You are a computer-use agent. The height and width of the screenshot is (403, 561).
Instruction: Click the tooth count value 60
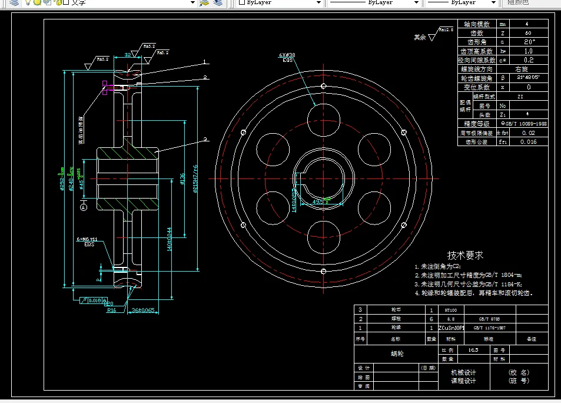coord(527,33)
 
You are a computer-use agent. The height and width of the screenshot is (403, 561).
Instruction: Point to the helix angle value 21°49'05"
coord(528,78)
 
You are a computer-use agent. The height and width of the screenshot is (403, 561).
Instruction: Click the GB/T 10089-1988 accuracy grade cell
coord(523,124)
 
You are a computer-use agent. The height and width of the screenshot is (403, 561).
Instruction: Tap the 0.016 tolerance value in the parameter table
coord(528,142)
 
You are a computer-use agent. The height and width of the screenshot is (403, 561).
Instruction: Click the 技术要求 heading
coord(465,255)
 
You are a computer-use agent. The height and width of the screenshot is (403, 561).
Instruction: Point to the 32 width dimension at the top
coord(127,55)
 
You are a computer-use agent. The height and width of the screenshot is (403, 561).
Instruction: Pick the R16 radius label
coord(111,310)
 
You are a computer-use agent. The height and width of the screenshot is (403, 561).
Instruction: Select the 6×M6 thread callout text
coord(86,239)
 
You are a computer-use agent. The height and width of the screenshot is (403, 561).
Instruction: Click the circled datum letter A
coord(83,207)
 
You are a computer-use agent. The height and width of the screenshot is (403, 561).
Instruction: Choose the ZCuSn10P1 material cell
coord(452,327)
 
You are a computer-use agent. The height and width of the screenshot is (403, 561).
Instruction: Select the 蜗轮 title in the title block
coord(397,354)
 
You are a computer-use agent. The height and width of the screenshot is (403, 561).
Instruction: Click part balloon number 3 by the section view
coord(205,140)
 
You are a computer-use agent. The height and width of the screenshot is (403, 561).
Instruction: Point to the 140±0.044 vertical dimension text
coord(169,240)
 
